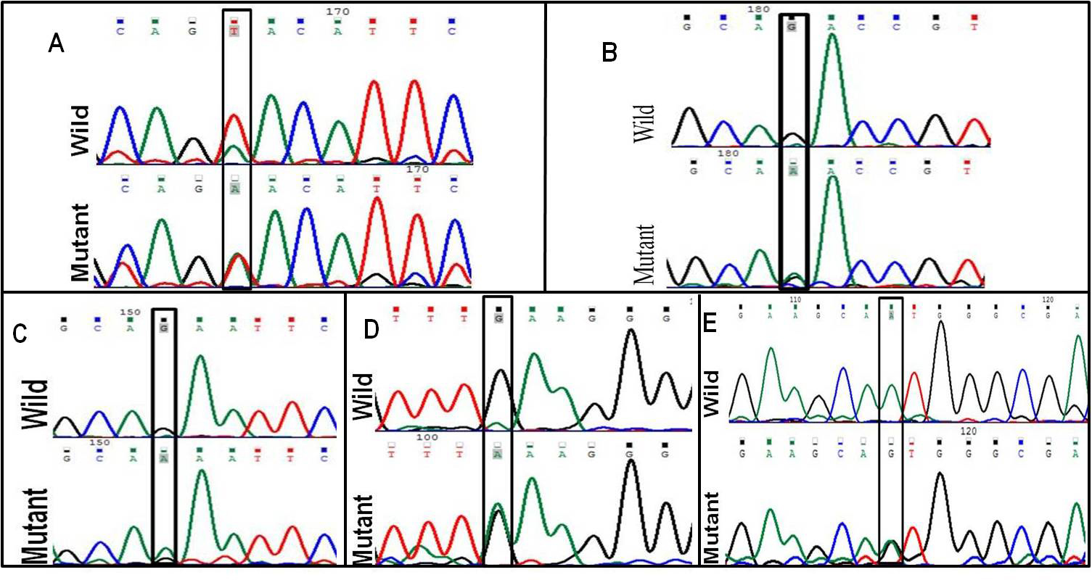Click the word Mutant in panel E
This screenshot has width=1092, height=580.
coord(718,527)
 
